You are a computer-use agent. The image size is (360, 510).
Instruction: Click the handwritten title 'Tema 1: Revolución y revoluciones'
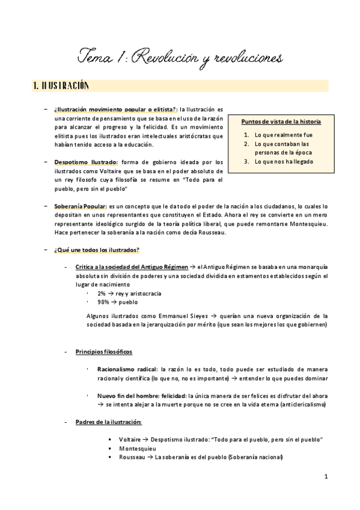click(x=180, y=58)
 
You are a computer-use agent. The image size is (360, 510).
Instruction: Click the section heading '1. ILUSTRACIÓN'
click(x=61, y=86)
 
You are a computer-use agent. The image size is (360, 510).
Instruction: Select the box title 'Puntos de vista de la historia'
click(x=281, y=121)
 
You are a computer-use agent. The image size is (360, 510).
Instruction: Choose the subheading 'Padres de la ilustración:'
click(x=109, y=422)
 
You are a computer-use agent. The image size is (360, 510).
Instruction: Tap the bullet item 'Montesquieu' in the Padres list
click(x=138, y=448)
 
